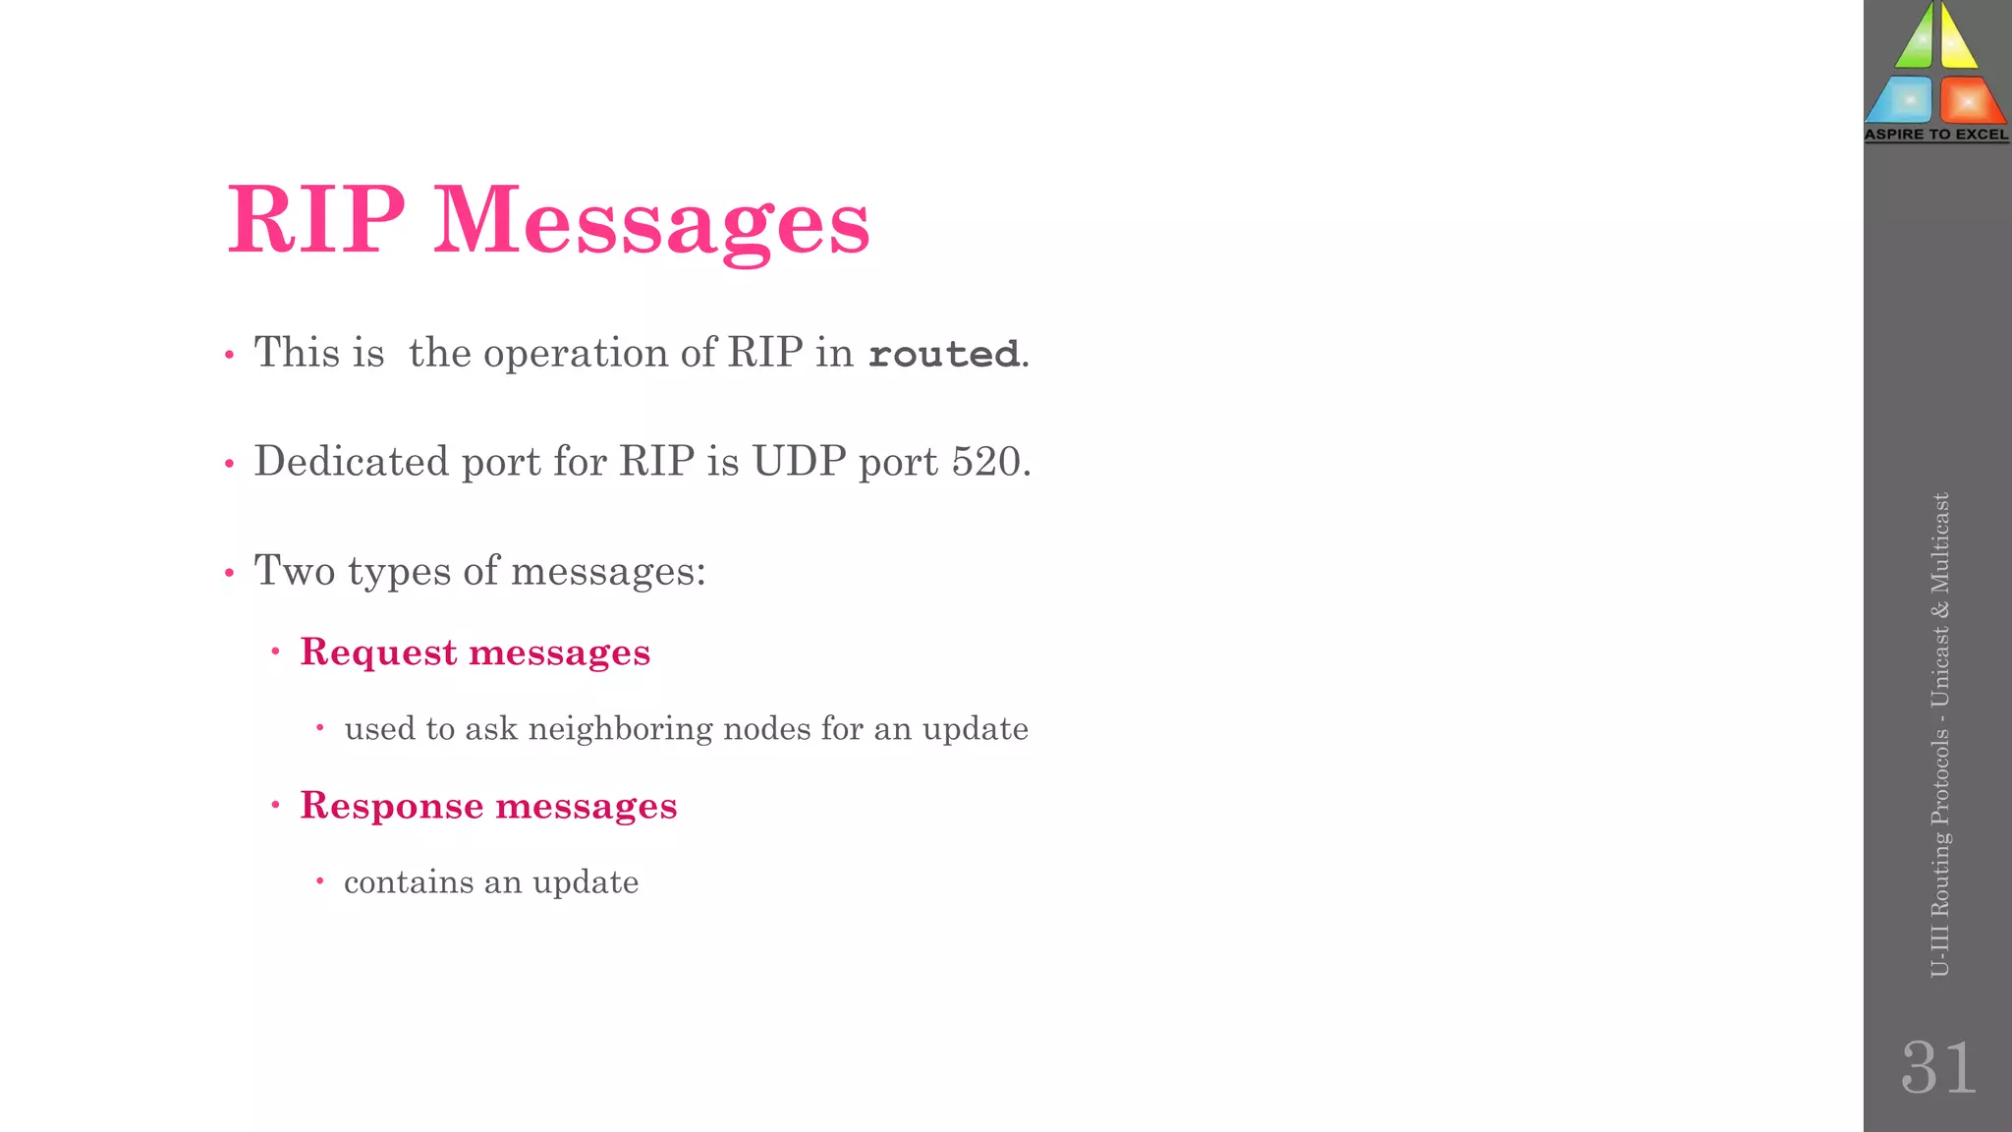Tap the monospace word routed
[944, 354]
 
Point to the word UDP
[799, 461]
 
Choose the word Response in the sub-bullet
[391, 806]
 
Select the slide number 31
[1938, 1068]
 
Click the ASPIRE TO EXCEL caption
[1936, 135]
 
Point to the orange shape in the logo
[1969, 99]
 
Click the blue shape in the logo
[1902, 99]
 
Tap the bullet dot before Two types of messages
[229, 572]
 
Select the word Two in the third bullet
[294, 571]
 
